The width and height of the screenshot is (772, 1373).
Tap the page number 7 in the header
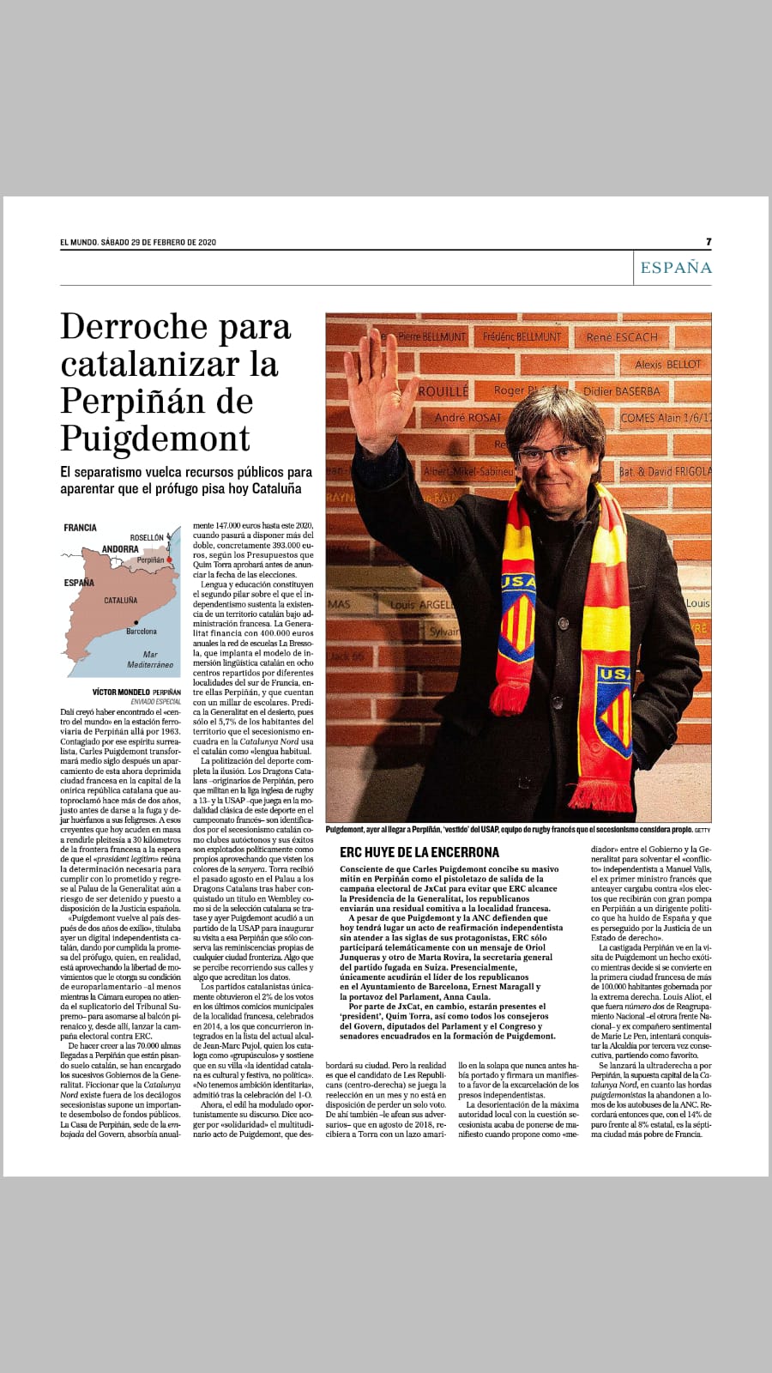pos(709,242)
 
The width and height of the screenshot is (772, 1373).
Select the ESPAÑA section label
pos(676,268)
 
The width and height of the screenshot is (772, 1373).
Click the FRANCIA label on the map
pos(80,528)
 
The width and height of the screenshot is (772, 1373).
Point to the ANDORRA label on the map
pos(120,549)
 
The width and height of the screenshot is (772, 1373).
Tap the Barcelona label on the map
pos(142,632)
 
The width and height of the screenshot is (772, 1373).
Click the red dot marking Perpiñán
pos(170,559)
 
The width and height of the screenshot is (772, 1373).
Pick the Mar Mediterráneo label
pos(150,659)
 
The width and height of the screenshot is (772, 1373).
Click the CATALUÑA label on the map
pos(120,601)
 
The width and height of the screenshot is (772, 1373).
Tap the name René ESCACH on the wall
pos(622,338)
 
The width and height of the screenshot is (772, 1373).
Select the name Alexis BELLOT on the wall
pos(667,365)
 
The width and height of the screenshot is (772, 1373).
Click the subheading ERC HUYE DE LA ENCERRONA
pos(419,852)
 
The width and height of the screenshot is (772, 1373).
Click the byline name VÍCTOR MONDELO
pos(120,692)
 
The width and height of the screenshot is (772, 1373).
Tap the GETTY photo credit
pos(703,830)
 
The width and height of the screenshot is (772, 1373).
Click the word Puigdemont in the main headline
pos(155,439)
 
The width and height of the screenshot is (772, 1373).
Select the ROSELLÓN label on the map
pos(147,538)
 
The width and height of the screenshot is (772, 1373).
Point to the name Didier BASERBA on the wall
pos(622,391)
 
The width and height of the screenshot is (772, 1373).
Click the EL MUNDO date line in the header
pos(138,242)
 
